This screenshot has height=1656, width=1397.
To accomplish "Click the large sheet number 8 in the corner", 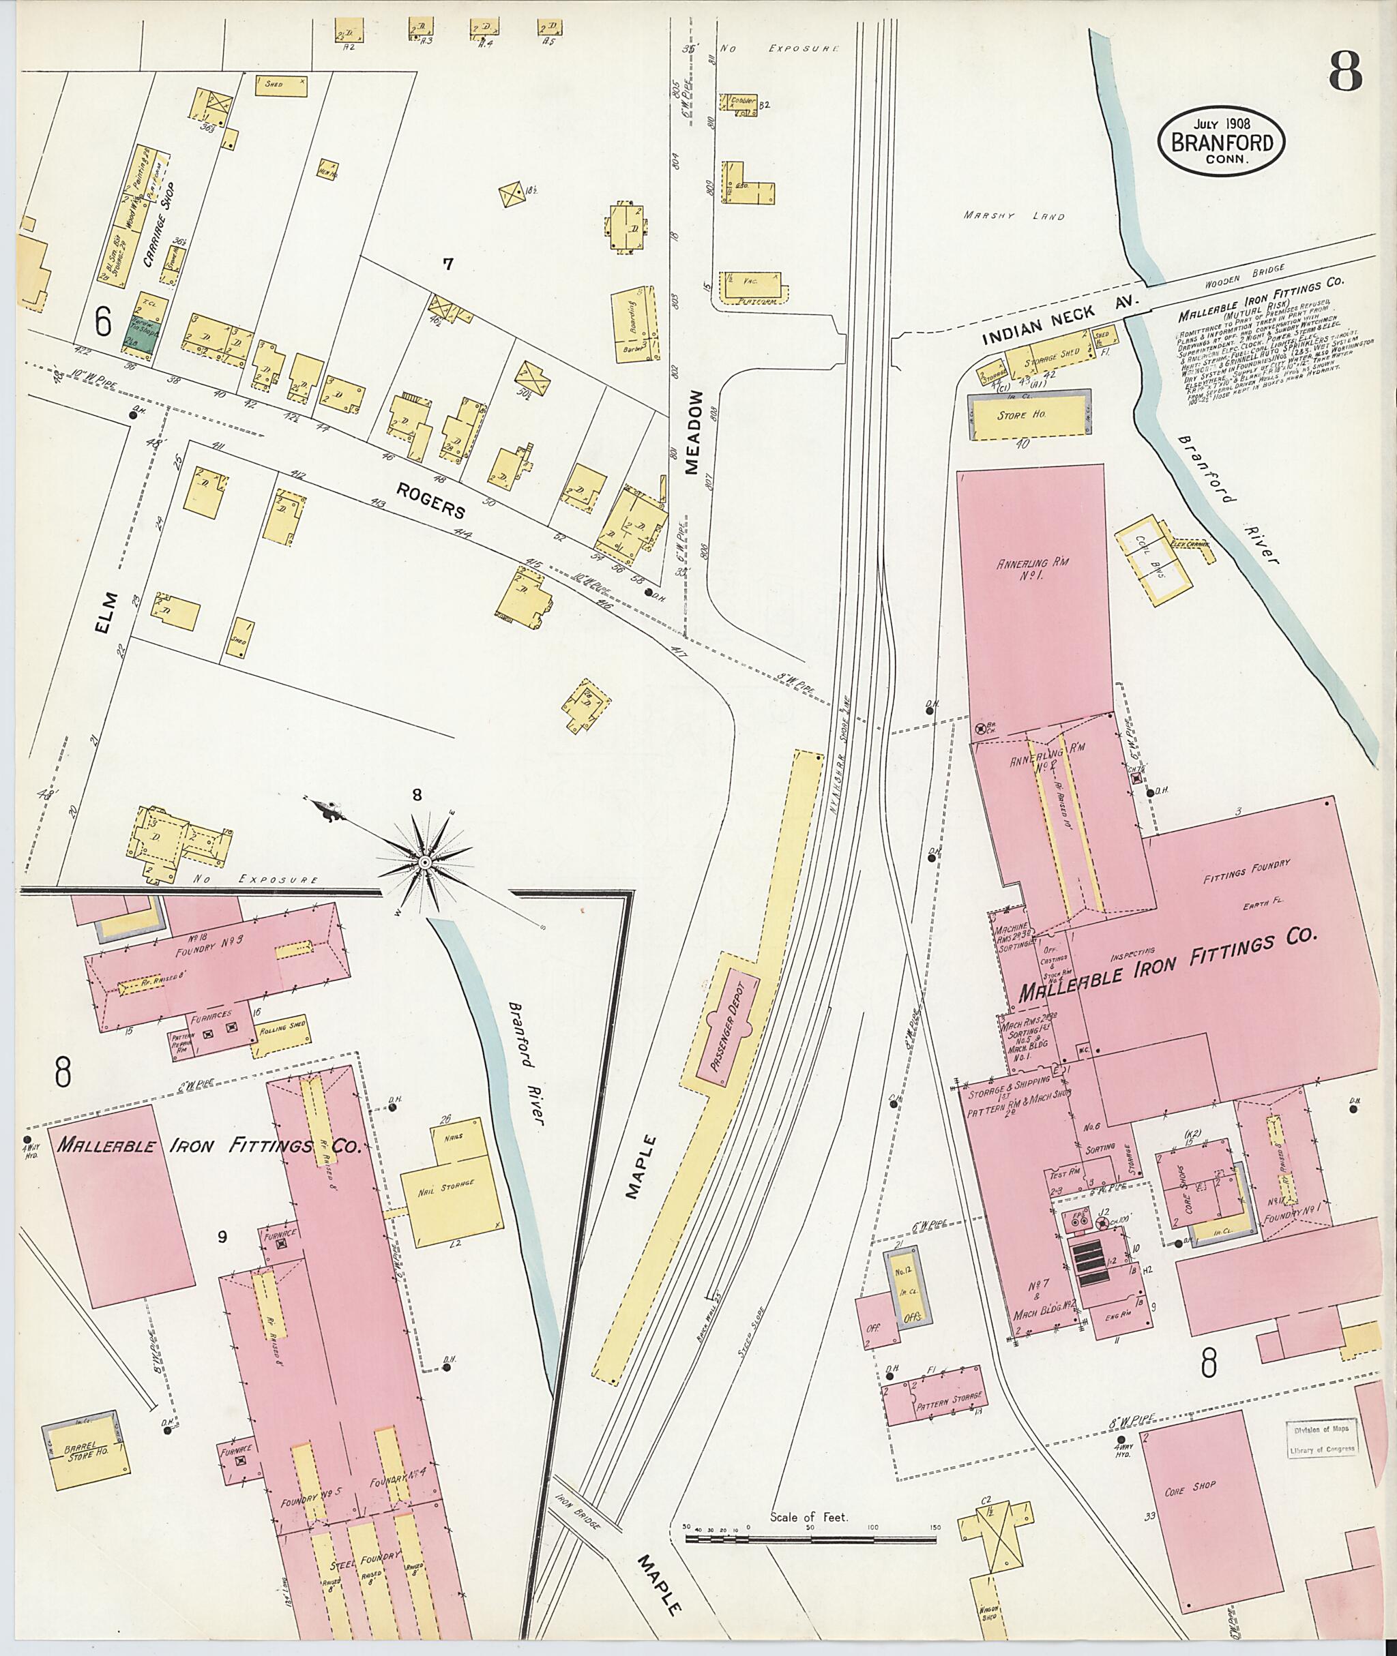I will [x=1344, y=73].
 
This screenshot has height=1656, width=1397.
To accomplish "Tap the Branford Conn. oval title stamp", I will [x=1220, y=141].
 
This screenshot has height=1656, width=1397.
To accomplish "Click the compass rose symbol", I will [x=424, y=861].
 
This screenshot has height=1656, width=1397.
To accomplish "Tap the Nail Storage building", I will [x=453, y=1186].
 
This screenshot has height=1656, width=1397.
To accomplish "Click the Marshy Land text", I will [x=1014, y=215].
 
